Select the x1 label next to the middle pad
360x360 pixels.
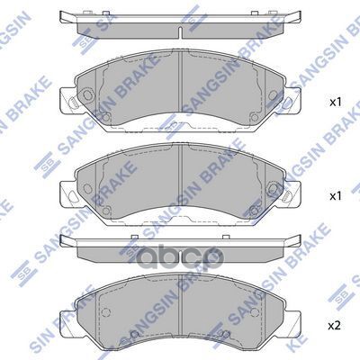click(336, 194)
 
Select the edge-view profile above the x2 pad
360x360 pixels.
click(181, 244)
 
